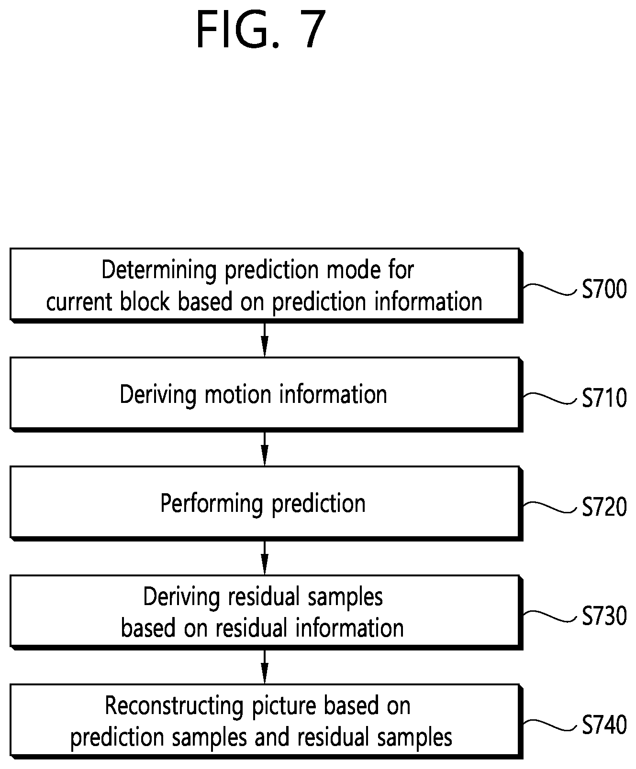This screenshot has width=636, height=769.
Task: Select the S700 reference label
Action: [x=604, y=289]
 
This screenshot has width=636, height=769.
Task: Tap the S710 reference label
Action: [x=604, y=398]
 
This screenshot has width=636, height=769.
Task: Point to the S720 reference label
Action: [x=604, y=507]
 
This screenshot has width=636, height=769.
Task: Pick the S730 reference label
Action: [x=604, y=616]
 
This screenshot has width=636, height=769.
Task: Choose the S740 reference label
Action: [x=604, y=725]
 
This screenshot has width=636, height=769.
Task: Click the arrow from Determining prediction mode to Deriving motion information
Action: [x=265, y=339]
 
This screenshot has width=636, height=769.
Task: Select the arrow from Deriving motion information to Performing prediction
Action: [x=265, y=448]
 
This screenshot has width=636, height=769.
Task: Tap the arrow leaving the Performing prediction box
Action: [x=265, y=557]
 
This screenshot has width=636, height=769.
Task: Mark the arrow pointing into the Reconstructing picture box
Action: [x=265, y=666]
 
